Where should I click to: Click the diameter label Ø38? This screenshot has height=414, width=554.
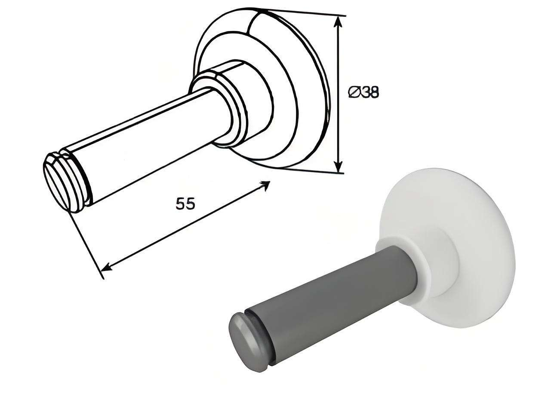click(363, 92)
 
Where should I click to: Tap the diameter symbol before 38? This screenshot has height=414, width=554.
click(354, 92)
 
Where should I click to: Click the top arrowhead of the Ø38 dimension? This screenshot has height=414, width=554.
click(338, 22)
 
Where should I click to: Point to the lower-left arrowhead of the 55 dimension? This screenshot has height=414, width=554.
click(107, 267)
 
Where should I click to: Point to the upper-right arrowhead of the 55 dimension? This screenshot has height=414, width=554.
click(265, 185)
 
